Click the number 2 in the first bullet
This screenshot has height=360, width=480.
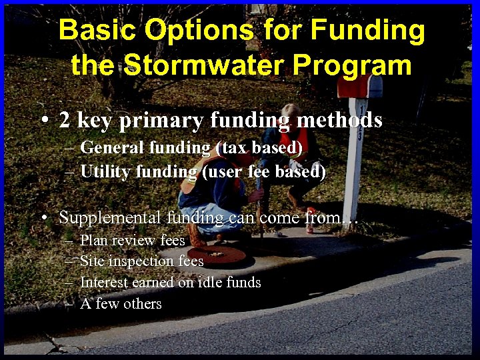(65, 120)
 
